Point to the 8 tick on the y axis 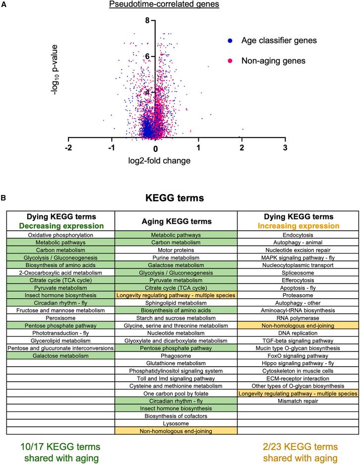[147, 21]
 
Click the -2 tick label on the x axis [68, 149]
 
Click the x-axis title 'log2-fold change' [157, 161]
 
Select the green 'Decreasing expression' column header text [60, 225]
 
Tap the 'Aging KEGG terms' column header [176, 221]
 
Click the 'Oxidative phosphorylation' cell [60, 235]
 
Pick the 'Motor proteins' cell [176, 251]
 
